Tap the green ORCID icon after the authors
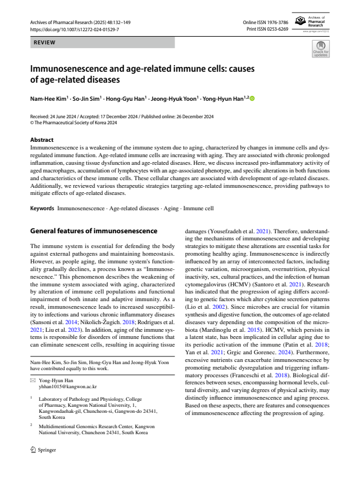[252, 99]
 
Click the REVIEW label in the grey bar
[45, 42]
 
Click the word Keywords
[42, 209]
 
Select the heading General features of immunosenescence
[94, 231]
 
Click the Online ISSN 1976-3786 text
[265, 22]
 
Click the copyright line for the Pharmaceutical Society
[74, 123]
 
